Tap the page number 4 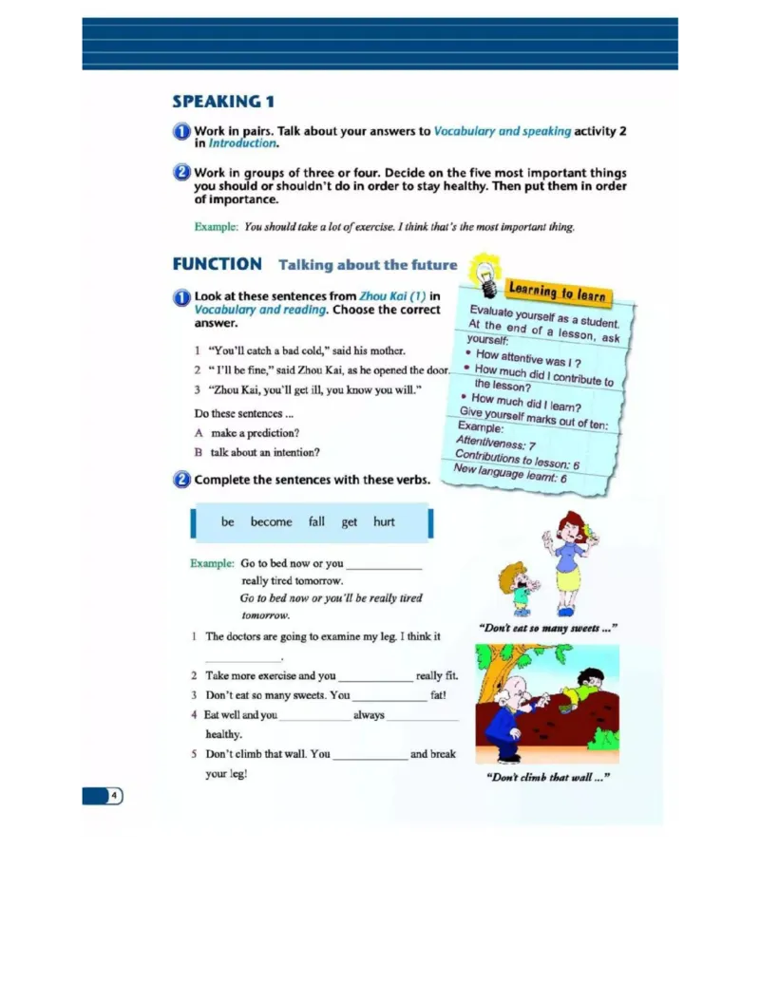[x=113, y=795]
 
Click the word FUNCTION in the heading [x=217, y=265]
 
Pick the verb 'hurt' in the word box [x=384, y=522]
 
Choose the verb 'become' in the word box [x=272, y=522]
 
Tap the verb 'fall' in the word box [x=316, y=522]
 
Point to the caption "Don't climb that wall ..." [x=547, y=777]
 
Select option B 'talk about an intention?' [x=256, y=453]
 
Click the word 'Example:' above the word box [x=212, y=563]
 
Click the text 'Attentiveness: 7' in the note [x=496, y=443]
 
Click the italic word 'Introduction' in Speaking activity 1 [x=242, y=143]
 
